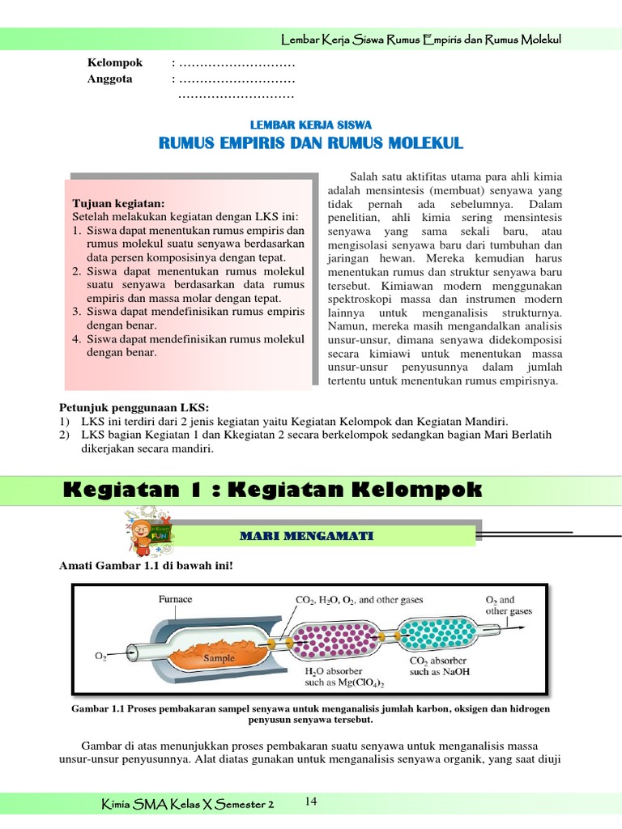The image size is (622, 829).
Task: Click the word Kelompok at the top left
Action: pos(115,63)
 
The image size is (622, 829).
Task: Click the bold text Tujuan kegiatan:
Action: pos(118,203)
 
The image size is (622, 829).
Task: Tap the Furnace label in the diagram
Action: pos(175,599)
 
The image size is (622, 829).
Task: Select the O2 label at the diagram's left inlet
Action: pos(101,657)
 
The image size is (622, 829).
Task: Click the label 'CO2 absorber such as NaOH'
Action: pos(440,665)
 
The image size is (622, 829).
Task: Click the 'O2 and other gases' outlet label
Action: pos(509,605)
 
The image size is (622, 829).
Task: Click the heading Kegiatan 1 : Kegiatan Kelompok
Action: pos(271,489)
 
